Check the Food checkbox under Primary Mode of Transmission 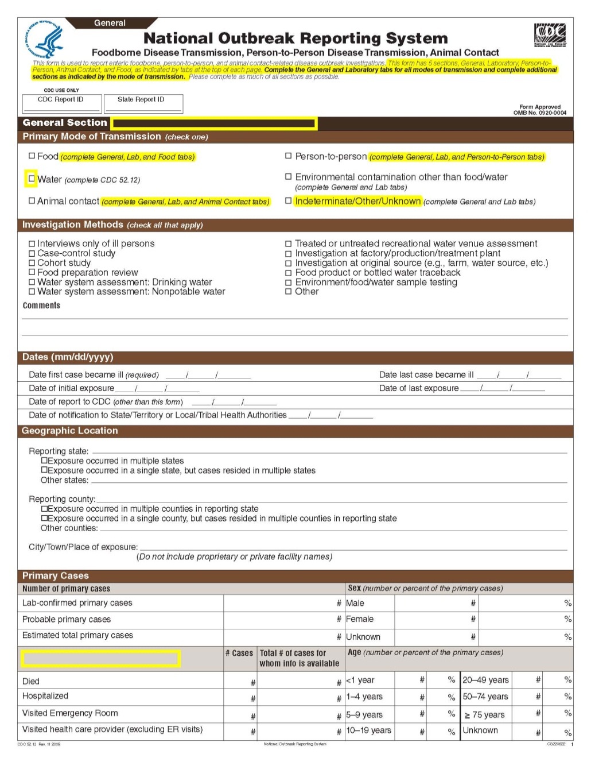pos(32,156)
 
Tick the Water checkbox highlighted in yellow pos(32,179)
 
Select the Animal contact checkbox pos(32,200)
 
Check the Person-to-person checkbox pos(289,156)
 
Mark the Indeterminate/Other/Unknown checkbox pos(289,200)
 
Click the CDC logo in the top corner pos(550,36)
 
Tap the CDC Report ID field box pos(61,103)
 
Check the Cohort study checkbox pos(32,263)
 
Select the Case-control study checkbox pos(32,253)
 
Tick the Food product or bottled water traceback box pos(289,273)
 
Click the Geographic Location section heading pos(69,431)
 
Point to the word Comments pos(41,305)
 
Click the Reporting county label pos(62,499)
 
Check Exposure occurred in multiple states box pos(44,461)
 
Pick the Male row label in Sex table pos(355,603)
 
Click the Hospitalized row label pos(45,696)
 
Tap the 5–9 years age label pos(364,715)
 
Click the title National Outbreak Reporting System pos(295,38)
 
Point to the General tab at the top pos(110,23)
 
